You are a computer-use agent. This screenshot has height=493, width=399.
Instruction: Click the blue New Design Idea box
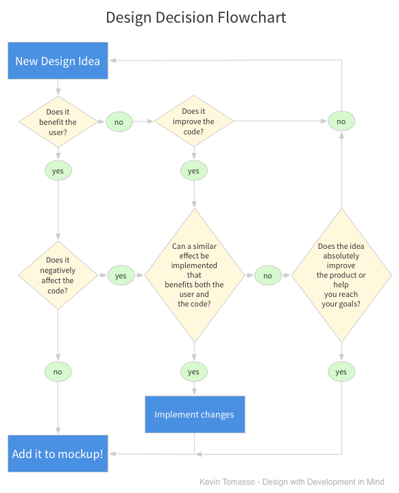58,60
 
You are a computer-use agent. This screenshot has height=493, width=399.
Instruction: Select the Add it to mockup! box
58,453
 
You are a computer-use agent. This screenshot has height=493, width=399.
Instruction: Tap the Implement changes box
194,414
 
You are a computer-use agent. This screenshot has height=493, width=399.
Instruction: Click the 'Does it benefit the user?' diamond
58,122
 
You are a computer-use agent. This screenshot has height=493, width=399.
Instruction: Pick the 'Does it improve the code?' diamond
194,121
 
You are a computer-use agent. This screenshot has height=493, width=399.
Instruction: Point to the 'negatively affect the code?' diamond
58,276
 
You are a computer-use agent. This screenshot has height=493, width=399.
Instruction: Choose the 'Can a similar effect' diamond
194,275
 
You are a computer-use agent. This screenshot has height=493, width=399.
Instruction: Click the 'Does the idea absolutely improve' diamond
341,275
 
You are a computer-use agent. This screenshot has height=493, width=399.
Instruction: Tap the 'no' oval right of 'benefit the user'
119,122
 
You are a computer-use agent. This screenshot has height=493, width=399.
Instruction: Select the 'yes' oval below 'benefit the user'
58,171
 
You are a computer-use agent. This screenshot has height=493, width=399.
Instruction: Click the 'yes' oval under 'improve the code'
194,171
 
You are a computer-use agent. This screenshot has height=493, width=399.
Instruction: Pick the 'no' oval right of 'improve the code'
341,122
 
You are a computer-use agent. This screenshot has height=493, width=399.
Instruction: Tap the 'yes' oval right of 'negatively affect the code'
121,276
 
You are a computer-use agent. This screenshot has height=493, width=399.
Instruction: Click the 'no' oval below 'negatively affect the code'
58,372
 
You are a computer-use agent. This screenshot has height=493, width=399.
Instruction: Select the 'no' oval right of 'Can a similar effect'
267,276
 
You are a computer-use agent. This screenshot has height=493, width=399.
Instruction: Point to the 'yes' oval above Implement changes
194,372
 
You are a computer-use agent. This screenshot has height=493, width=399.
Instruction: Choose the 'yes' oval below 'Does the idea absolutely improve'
341,372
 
